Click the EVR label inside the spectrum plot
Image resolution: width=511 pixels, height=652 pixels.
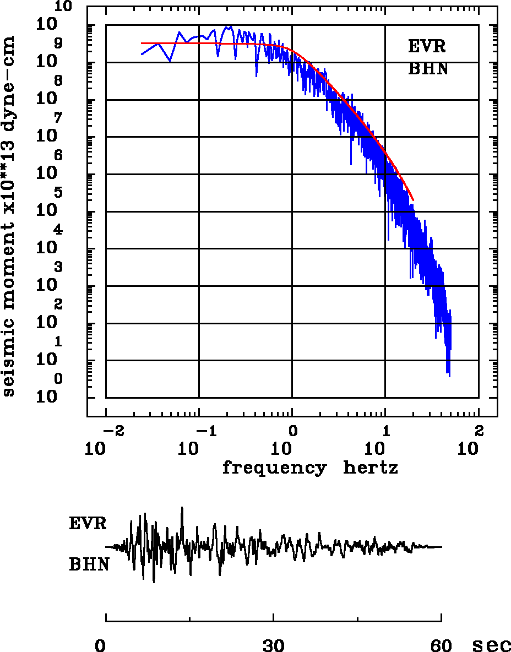pyautogui.click(x=427, y=46)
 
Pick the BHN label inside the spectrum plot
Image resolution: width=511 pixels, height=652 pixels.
pyautogui.click(x=427, y=69)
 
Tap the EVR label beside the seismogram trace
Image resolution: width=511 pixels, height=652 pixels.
pyautogui.click(x=88, y=523)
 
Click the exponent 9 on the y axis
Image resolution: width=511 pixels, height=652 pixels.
pyautogui.click(x=58, y=43)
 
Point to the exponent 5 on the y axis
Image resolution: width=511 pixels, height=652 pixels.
pyautogui.click(x=58, y=193)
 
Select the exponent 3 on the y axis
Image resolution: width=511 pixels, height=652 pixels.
pyautogui.click(x=58, y=268)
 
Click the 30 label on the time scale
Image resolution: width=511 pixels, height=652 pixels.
pyautogui.click(x=274, y=645)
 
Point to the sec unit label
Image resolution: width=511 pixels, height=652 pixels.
pyautogui.click(x=492, y=645)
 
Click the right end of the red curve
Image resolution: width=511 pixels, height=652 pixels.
pyautogui.click(x=413, y=200)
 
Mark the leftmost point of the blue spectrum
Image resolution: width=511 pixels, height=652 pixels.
pyautogui.click(x=142, y=55)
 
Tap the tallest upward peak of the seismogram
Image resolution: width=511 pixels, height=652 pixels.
pyautogui.click(x=182, y=508)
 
